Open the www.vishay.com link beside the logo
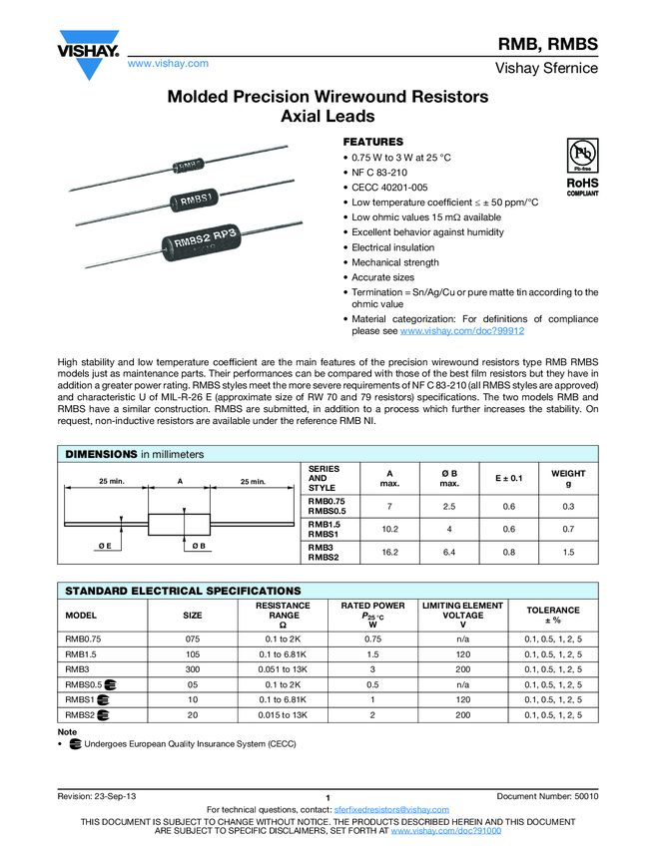(x=168, y=64)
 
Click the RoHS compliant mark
(x=582, y=187)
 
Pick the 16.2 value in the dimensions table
(x=388, y=552)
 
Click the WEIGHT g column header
(x=568, y=478)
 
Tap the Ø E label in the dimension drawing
(x=104, y=546)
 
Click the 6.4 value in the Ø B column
(x=449, y=552)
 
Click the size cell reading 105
(x=191, y=653)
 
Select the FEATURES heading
(x=373, y=142)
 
